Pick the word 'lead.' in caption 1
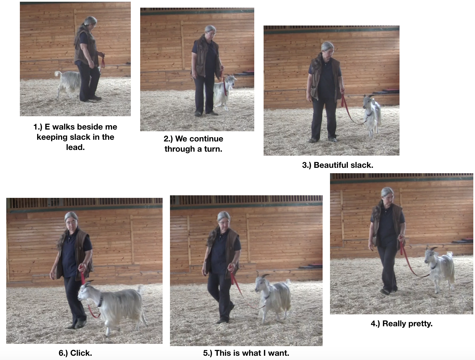[x=75, y=147]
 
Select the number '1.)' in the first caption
[x=38, y=127]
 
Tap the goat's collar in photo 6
[x=100, y=302]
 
